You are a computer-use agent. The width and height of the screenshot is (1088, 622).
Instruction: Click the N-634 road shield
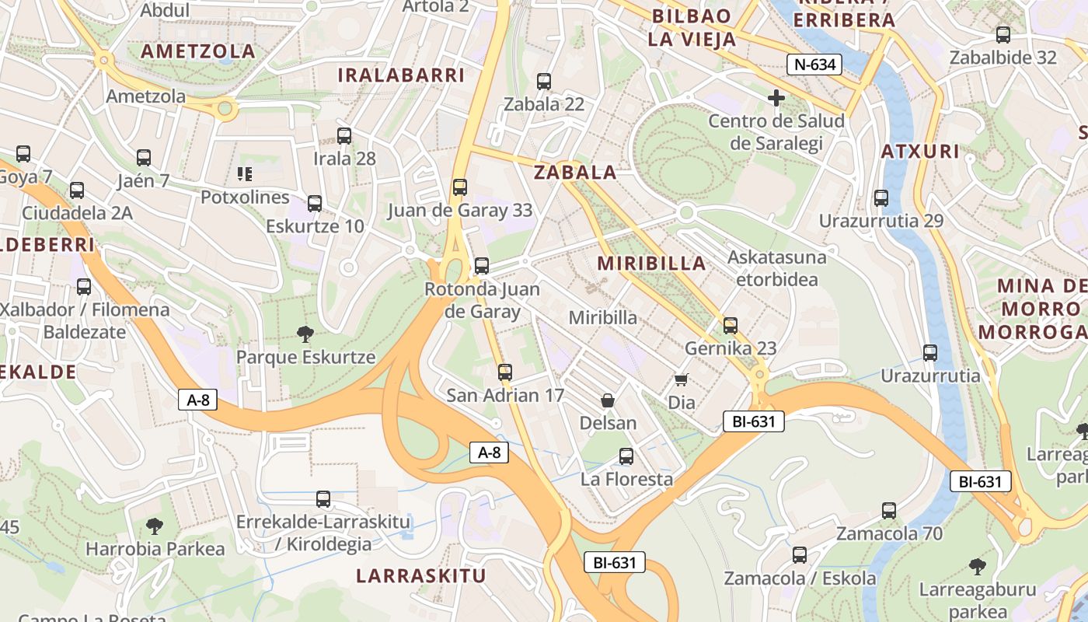pyautogui.click(x=814, y=65)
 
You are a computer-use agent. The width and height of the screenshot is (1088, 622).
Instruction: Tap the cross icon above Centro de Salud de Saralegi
pyautogui.click(x=776, y=98)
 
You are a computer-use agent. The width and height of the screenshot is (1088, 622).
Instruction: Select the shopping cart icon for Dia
pyautogui.click(x=682, y=379)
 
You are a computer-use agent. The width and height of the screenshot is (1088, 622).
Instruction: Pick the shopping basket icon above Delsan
pyautogui.click(x=608, y=400)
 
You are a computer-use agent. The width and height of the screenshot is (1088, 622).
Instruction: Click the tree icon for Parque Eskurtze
pyautogui.click(x=305, y=334)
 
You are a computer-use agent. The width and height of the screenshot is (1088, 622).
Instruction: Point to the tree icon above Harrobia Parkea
pyautogui.click(x=155, y=526)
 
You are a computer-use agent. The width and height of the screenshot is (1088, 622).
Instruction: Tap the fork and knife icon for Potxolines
pyautogui.click(x=245, y=174)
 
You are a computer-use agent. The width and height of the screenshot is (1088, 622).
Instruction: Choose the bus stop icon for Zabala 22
pyautogui.click(x=544, y=81)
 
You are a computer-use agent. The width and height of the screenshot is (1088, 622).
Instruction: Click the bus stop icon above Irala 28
pyautogui.click(x=344, y=136)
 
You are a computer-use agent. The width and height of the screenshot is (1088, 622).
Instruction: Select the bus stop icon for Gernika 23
pyautogui.click(x=731, y=325)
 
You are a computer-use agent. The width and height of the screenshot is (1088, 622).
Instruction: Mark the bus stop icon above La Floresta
pyautogui.click(x=626, y=456)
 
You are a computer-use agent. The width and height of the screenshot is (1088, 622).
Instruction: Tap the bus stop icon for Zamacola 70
pyautogui.click(x=889, y=511)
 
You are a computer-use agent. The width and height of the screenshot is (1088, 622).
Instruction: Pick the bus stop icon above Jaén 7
pyautogui.click(x=144, y=158)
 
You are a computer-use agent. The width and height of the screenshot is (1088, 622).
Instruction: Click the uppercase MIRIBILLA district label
pyautogui.click(x=651, y=263)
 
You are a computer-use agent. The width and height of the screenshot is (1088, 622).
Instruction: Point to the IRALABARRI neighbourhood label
pyautogui.click(x=400, y=75)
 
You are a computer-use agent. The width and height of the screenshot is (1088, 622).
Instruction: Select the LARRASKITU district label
pyautogui.click(x=420, y=576)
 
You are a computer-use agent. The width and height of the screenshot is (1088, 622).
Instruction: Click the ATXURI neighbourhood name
pyautogui.click(x=920, y=151)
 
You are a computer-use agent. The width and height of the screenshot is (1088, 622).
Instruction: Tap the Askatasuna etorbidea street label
pyautogui.click(x=777, y=267)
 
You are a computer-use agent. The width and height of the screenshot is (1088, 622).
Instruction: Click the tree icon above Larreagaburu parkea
pyautogui.click(x=977, y=566)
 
